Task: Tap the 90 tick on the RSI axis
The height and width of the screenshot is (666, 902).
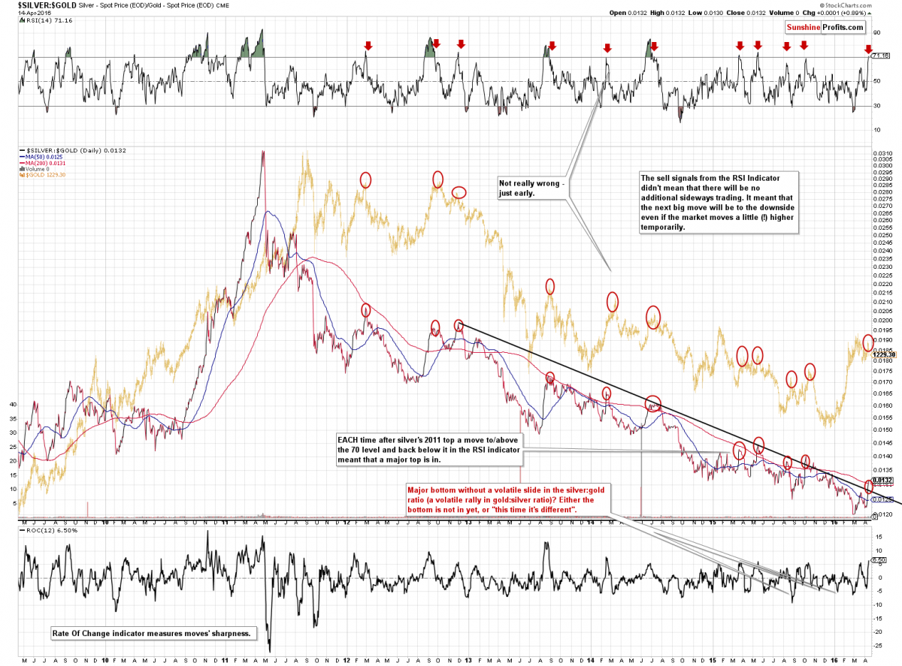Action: pyautogui.click(x=876, y=32)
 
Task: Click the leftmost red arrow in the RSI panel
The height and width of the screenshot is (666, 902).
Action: pyautogui.click(x=367, y=45)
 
